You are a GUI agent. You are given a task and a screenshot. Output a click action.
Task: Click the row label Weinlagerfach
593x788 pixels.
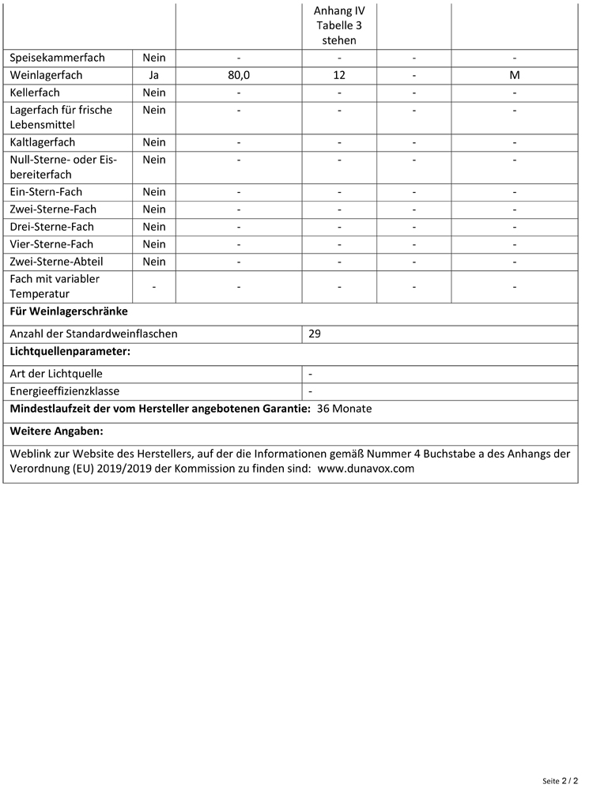click(x=47, y=75)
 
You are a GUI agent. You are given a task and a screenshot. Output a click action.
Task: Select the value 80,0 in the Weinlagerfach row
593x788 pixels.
click(x=238, y=75)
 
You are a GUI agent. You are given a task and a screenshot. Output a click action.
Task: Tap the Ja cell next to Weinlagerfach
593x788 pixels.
click(x=154, y=75)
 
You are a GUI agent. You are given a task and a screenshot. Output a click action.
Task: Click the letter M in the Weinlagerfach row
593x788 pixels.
click(x=514, y=75)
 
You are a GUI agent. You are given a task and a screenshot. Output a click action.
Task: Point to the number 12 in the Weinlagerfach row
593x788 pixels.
click(x=339, y=75)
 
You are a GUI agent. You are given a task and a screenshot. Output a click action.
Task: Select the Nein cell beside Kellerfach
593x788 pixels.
click(x=154, y=92)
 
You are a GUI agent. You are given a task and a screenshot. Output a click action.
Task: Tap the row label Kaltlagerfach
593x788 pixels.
click(x=43, y=142)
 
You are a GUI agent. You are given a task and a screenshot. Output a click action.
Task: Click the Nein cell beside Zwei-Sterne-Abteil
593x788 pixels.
click(x=154, y=262)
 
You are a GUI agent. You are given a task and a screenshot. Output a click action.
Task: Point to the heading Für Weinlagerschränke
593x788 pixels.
click(x=69, y=311)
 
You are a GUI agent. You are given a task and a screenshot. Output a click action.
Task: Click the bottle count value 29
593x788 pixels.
click(x=315, y=334)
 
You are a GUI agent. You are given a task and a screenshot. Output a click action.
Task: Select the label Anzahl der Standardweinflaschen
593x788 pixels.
click(x=93, y=334)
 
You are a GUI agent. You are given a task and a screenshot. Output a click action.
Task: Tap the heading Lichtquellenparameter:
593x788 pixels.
click(x=70, y=351)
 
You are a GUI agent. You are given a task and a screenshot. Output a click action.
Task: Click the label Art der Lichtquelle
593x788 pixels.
click(x=56, y=374)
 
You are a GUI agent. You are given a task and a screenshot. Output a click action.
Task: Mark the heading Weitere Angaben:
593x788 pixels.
click(x=57, y=432)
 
